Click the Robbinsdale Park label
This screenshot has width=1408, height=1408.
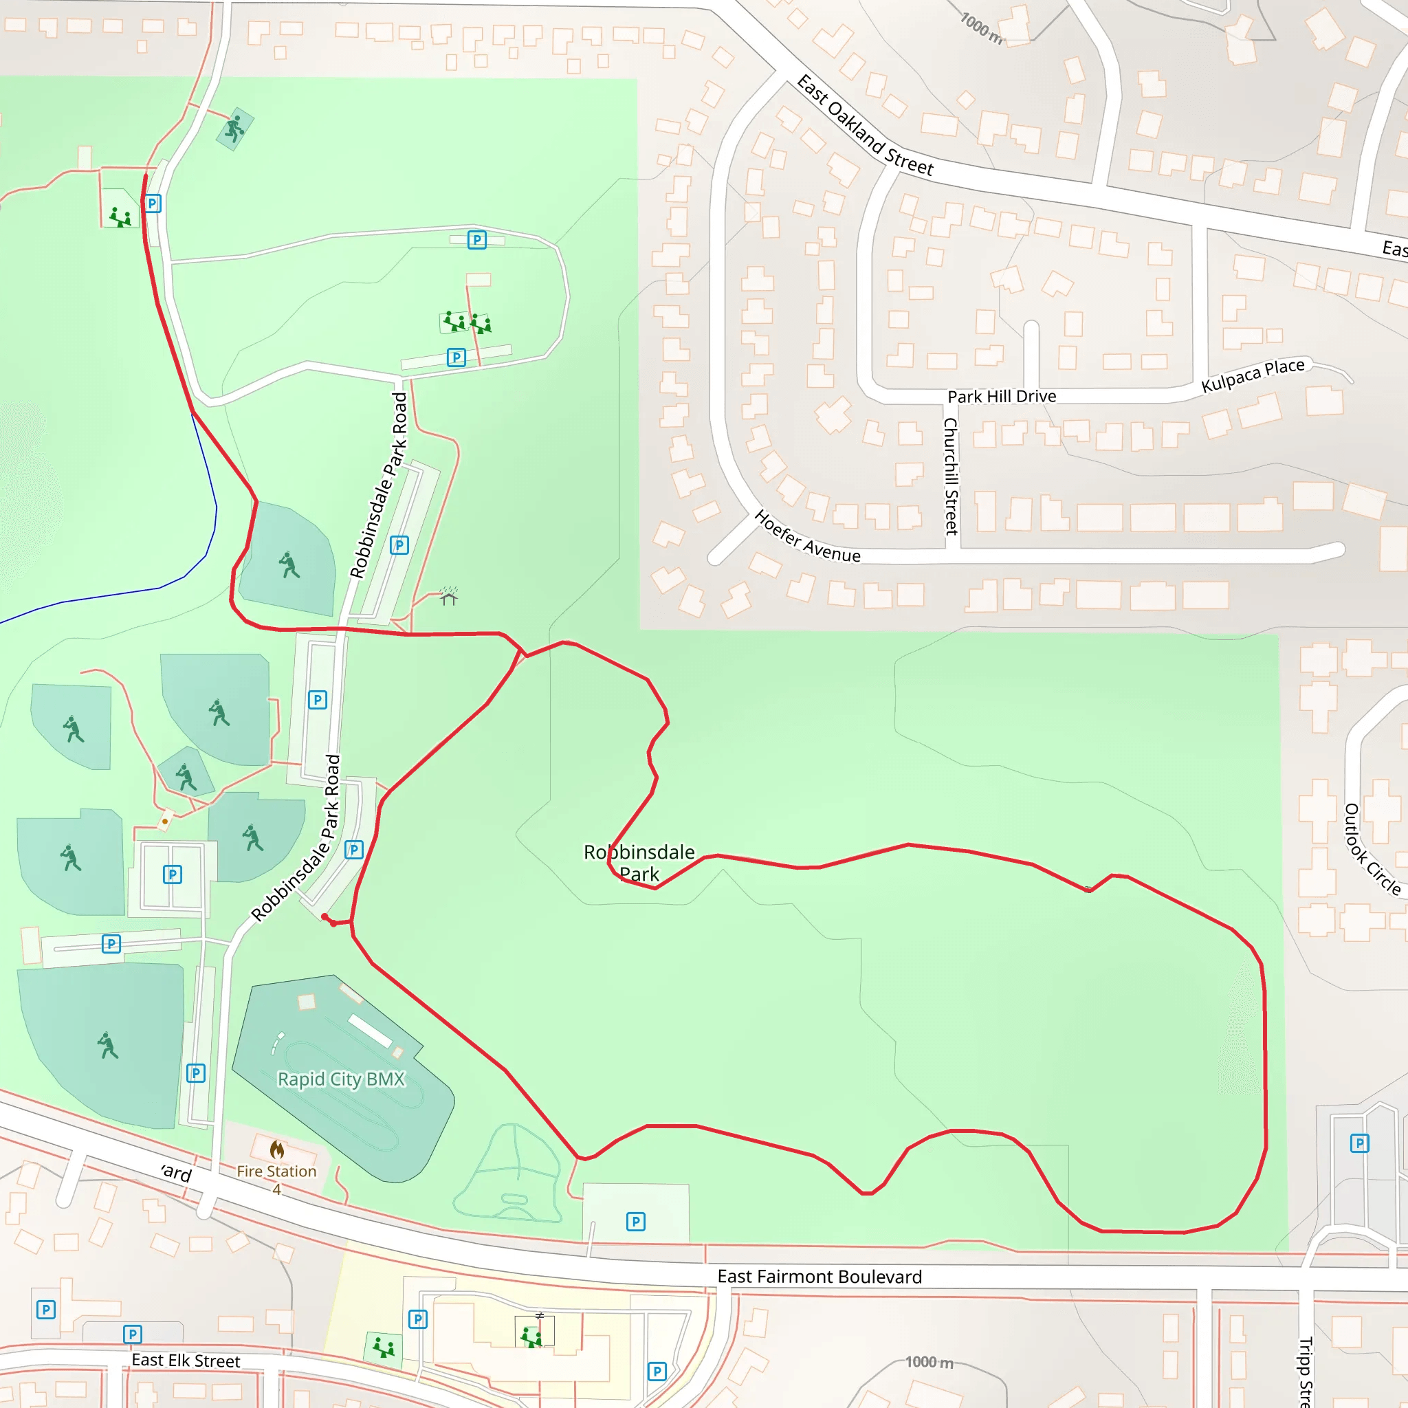tap(639, 863)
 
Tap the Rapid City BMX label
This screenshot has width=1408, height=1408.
tap(341, 1079)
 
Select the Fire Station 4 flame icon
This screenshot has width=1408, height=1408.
tap(277, 1150)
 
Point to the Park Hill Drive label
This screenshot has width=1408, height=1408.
tap(1001, 397)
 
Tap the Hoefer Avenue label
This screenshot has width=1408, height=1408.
tap(806, 537)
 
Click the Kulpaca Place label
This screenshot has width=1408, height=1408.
tap(1253, 375)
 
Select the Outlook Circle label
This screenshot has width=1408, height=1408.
tap(1372, 849)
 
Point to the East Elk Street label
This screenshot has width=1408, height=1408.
tap(186, 1360)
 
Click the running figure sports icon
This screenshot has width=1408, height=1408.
tap(234, 129)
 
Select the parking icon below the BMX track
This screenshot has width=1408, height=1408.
tap(635, 1222)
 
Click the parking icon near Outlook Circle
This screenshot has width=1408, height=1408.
tap(1359, 1143)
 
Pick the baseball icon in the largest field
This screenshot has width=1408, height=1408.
tap(108, 1045)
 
